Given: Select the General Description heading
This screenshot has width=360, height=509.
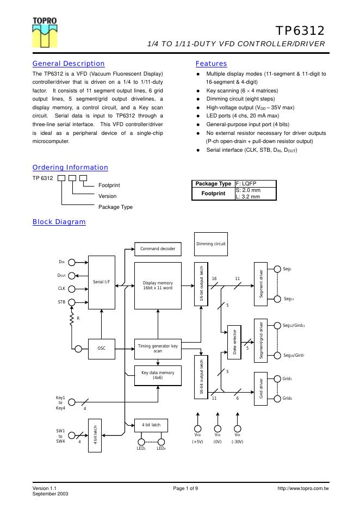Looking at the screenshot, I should coord(69,64).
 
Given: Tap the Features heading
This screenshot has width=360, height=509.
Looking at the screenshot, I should coord(211,64).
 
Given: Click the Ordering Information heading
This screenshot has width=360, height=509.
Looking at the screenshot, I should coord(70,167).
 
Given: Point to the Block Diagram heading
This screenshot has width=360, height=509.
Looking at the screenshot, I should coord(59,222).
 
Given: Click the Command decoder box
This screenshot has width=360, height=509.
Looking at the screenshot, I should coord(158,249).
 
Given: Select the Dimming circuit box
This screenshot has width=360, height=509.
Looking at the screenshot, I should coord(211,244).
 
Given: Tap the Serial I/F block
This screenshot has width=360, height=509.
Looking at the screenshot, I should coord(102,282).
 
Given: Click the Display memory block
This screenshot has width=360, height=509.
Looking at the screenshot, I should coord(158,285).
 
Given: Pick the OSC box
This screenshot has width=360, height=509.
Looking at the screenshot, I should coord(102,349).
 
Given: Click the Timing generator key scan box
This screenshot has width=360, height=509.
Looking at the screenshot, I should coord(158,349).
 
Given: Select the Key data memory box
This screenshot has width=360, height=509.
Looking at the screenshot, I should coord(158,375).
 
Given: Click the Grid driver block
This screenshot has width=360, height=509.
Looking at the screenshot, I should coord(261,388).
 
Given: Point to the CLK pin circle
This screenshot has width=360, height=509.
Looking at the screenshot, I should coord(79,289).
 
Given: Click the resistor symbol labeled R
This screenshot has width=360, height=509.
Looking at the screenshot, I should coord(71,321).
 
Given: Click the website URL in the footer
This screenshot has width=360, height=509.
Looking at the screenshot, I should coord(303,489).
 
